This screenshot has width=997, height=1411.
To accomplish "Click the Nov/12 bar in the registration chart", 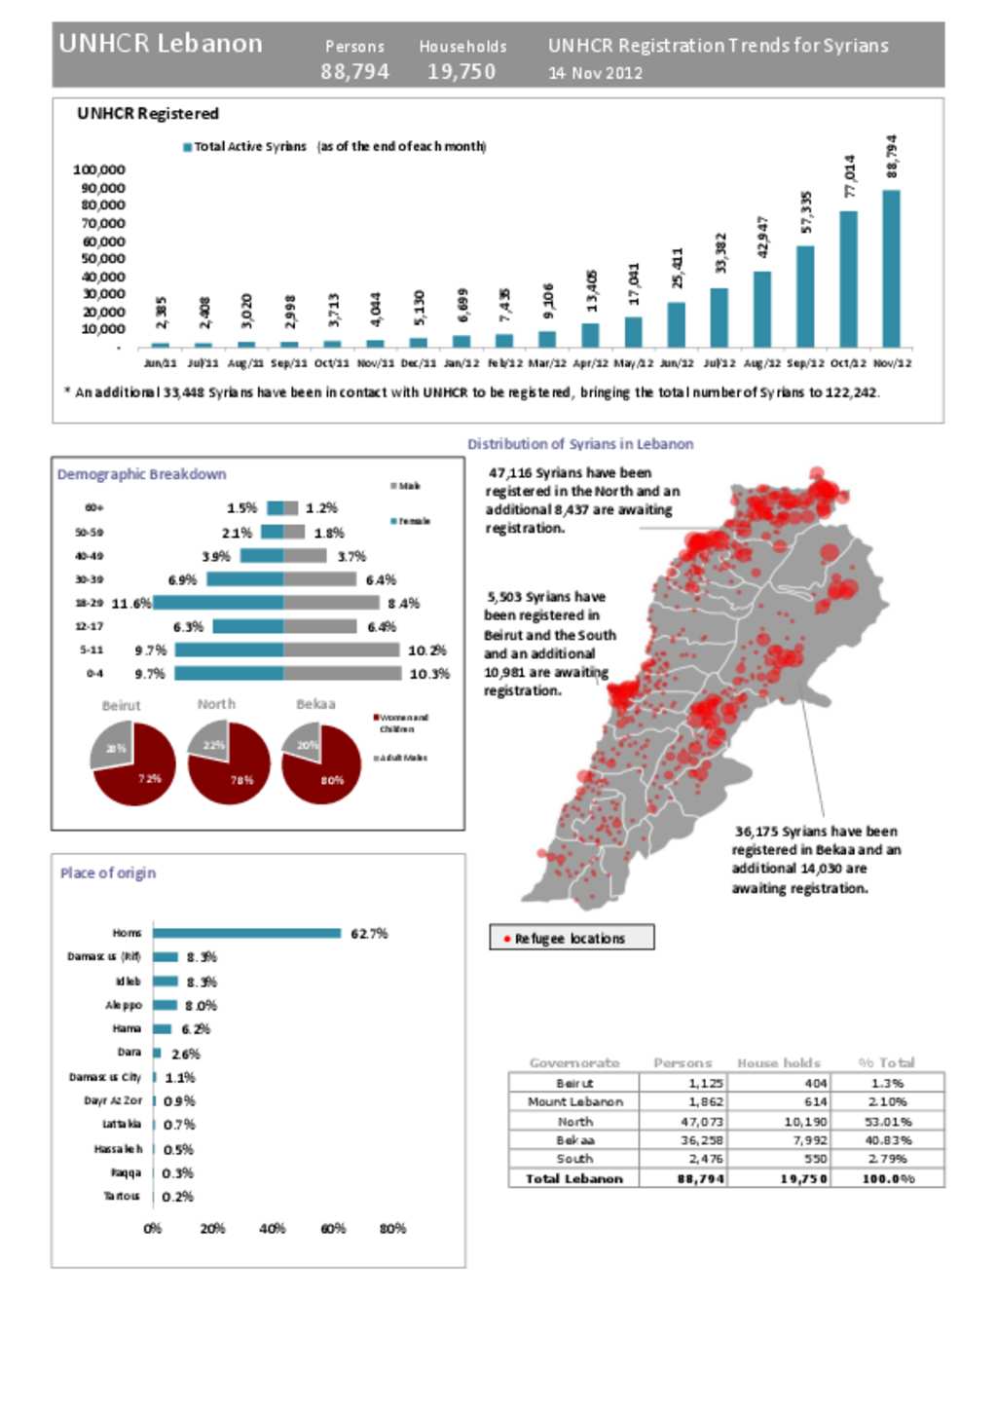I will coord(891,268).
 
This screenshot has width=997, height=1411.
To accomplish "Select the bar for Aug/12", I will coord(762,309).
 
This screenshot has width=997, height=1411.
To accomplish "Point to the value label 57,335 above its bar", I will coord(806,212).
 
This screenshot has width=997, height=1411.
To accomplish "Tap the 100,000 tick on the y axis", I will coord(99,169).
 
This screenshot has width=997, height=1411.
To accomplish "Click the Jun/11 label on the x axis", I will coord(161,363).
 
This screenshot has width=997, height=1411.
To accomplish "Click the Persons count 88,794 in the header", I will coord(355,72).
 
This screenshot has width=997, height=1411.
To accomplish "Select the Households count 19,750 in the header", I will coord(462,72).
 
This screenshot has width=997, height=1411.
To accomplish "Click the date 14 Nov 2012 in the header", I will coord(595,73).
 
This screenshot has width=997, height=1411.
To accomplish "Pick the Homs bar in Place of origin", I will coord(246,933).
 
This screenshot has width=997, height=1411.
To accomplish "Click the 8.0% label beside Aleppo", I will coord(201,1005).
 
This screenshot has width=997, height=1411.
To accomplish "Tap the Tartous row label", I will coord(122,1196).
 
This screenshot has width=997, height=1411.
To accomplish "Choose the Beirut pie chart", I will coord(133,763).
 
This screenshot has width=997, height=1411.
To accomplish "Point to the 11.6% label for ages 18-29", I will coord(131,604).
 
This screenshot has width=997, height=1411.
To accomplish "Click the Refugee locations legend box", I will coord(572,938).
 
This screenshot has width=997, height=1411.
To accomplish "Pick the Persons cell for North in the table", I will coord(701,1121).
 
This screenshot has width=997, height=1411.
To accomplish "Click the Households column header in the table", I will coord(779,1062).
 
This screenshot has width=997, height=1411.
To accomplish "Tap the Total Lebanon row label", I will coord(572,1178).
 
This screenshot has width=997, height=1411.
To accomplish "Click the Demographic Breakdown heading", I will coord(142,474).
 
